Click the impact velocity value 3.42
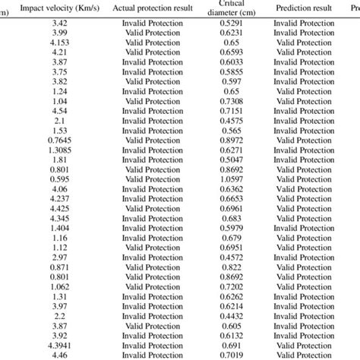click(58, 24)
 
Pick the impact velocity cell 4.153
click(58, 43)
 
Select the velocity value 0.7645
click(58, 140)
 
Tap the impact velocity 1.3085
click(58, 150)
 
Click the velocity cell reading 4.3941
click(58, 344)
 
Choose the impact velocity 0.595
click(58, 179)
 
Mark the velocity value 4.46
click(58, 354)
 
